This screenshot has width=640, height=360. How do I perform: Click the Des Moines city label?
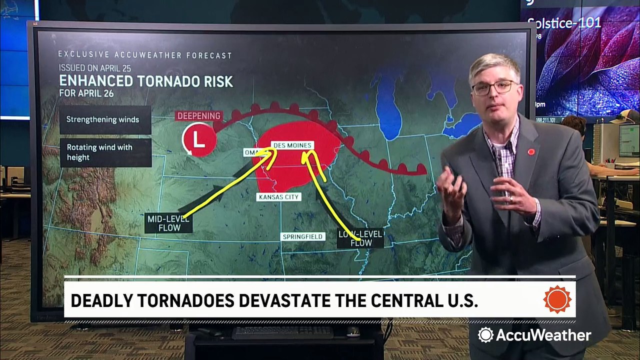(292, 145)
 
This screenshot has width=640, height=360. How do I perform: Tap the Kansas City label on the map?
(279, 197)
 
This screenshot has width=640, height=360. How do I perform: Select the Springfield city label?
(302, 236)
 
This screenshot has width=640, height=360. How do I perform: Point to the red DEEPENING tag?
(198, 116)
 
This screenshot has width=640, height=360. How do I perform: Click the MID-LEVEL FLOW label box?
(169, 223)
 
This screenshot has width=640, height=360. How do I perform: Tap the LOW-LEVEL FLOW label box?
(360, 238)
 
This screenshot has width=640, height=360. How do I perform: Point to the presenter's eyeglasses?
(493, 87)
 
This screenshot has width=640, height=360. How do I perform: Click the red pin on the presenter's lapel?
(531, 151)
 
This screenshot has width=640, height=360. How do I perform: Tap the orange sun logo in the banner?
(557, 299)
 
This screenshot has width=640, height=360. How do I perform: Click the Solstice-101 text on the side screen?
(564, 23)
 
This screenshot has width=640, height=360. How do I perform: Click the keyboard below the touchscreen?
(282, 332)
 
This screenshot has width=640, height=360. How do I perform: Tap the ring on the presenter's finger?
(510, 198)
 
